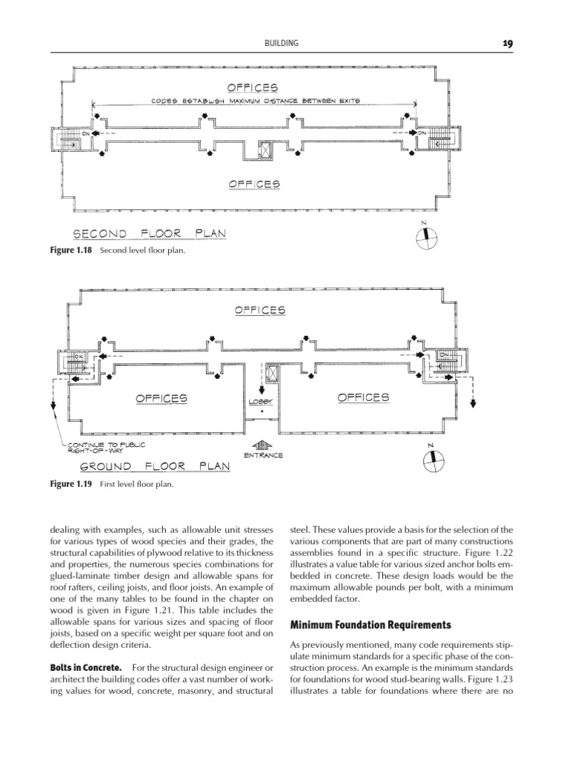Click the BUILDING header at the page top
(x=282, y=44)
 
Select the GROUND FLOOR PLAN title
(x=155, y=467)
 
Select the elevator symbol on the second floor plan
(x=264, y=149)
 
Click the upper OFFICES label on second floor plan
(x=253, y=87)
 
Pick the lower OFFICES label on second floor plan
(x=254, y=183)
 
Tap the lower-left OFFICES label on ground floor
(x=162, y=398)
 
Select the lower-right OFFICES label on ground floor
(x=363, y=397)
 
